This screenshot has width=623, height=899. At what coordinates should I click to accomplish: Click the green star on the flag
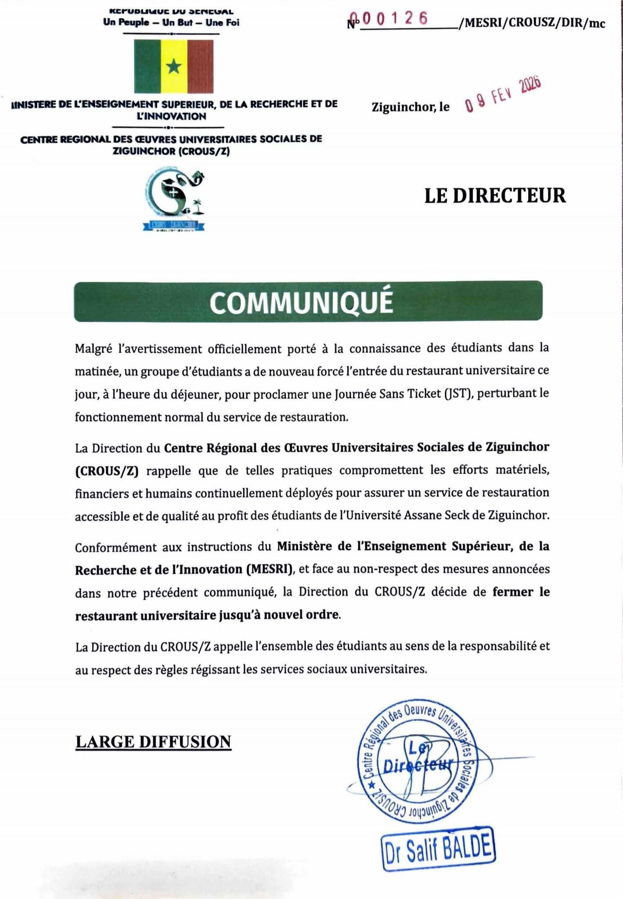click(174, 67)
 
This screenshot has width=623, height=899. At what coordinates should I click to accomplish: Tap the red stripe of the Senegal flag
click(200, 67)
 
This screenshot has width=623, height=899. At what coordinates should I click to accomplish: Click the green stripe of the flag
click(147, 67)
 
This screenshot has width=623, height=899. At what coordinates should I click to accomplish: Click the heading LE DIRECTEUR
click(495, 196)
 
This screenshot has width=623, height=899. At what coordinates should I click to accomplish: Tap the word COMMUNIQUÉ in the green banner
click(301, 302)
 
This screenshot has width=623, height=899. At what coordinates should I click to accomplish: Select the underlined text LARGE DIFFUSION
click(153, 741)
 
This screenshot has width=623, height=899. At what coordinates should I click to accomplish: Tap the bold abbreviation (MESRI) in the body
click(269, 569)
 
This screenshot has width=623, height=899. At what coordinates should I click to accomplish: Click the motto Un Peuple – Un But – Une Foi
click(171, 22)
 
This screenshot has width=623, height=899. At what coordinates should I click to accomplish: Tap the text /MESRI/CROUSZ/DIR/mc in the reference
click(531, 23)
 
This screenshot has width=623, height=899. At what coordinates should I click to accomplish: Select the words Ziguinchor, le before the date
click(411, 107)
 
